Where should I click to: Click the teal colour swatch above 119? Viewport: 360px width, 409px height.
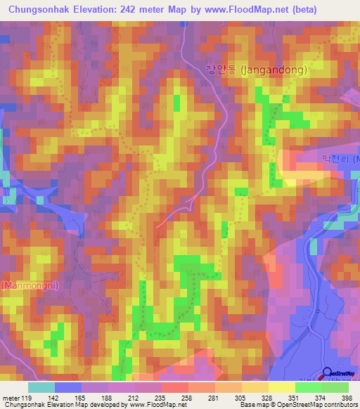[x=41, y=387]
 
